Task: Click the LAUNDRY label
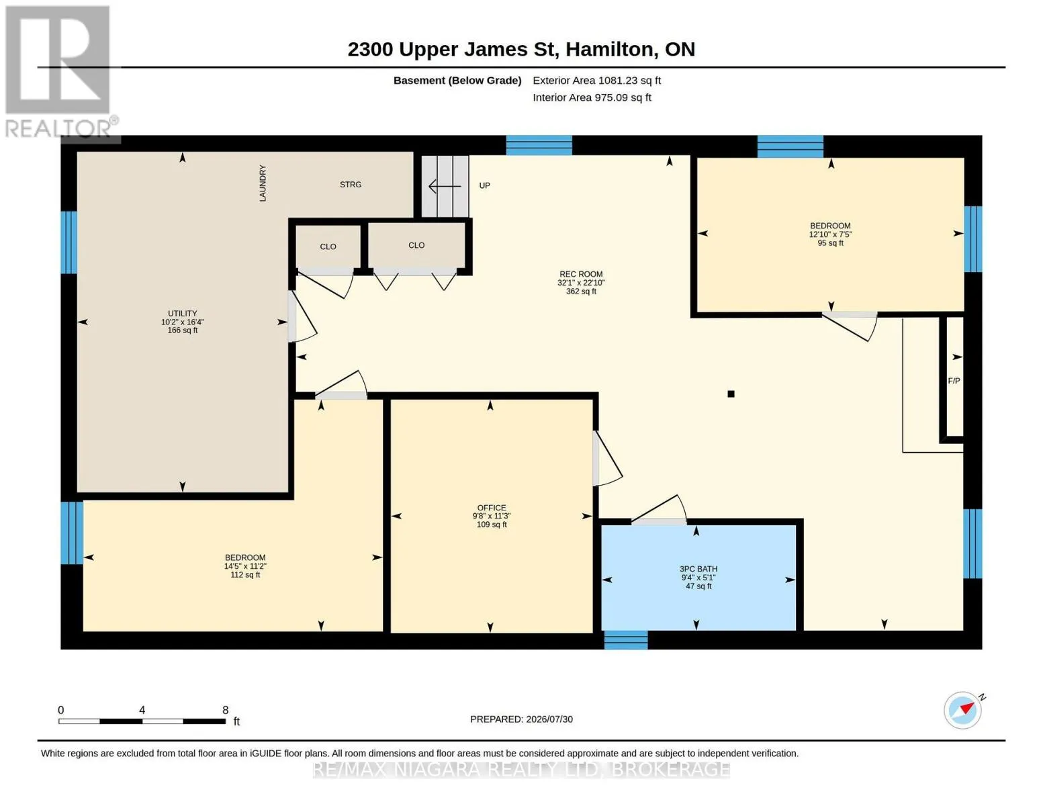click(263, 183)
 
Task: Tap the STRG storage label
click(351, 184)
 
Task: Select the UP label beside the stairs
click(484, 185)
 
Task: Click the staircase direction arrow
click(445, 186)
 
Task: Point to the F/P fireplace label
click(954, 381)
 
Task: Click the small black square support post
click(731, 394)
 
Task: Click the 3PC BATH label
click(698, 569)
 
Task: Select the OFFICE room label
click(492, 507)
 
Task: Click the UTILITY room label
click(183, 313)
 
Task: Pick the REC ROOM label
click(581, 274)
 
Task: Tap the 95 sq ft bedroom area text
click(830, 243)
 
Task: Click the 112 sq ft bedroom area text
click(245, 575)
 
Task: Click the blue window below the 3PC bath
click(625, 639)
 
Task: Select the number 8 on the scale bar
click(225, 709)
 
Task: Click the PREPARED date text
click(521, 719)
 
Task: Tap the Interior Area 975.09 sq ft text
click(592, 97)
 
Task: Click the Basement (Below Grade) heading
click(457, 81)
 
